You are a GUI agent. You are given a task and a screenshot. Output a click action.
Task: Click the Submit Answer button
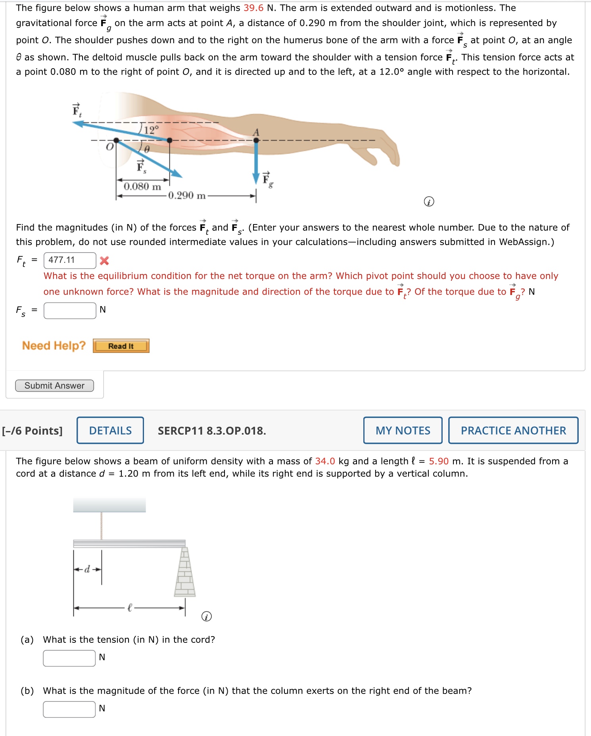click(x=54, y=385)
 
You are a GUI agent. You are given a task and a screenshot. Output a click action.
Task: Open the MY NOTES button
click(x=403, y=430)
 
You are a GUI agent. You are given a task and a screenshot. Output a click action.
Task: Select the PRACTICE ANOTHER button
click(x=513, y=430)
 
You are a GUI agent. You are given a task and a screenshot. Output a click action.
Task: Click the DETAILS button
click(x=110, y=430)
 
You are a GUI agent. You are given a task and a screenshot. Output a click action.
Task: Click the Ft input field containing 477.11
click(x=69, y=260)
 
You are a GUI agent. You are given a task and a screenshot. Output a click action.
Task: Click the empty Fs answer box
click(x=69, y=310)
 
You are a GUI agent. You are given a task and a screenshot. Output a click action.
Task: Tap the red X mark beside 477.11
click(x=104, y=261)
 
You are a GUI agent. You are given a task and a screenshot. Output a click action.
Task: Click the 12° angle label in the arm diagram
click(x=151, y=130)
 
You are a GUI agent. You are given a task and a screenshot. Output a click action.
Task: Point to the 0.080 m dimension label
click(x=142, y=186)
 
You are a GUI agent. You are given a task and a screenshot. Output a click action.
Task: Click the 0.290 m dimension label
click(x=186, y=195)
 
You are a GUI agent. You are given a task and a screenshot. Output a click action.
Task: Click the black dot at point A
click(x=256, y=140)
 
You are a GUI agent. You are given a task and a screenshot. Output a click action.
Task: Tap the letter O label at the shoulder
click(x=109, y=147)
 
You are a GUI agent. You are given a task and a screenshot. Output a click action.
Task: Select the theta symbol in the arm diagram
click(x=146, y=149)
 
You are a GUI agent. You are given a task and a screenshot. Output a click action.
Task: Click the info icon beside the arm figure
click(x=429, y=202)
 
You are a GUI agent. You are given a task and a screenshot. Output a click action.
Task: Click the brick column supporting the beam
click(x=185, y=573)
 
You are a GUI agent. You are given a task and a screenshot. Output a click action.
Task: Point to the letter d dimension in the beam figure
click(x=87, y=569)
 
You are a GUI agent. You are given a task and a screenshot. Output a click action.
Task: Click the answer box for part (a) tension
click(x=69, y=658)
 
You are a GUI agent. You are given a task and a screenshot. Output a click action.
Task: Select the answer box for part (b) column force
click(x=69, y=709)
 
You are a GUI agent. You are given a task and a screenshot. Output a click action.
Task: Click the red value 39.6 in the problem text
click(x=253, y=8)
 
